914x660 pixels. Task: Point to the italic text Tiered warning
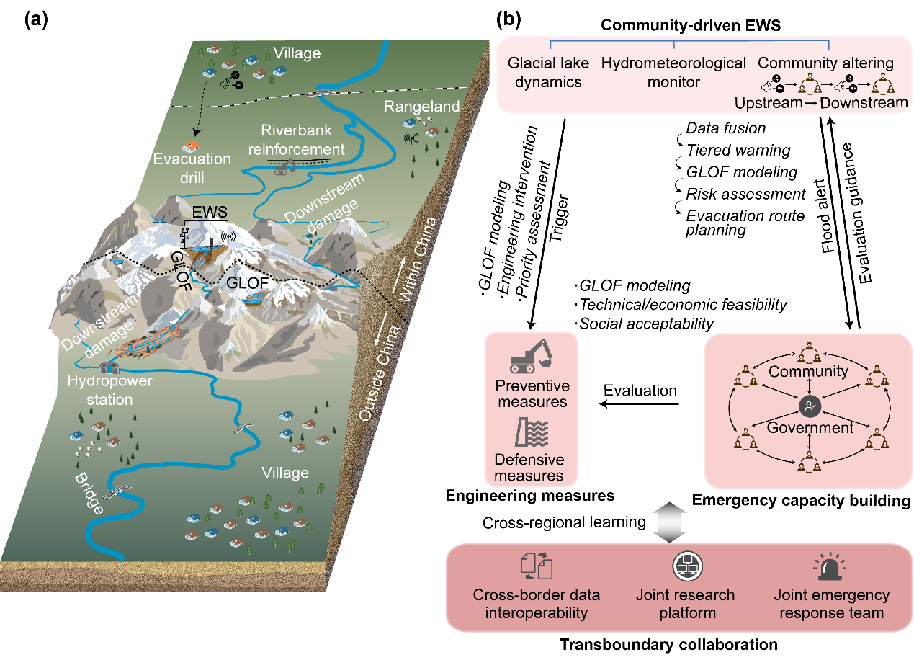738,151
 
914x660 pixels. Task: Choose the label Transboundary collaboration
680,643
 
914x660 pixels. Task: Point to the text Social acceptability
648,324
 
